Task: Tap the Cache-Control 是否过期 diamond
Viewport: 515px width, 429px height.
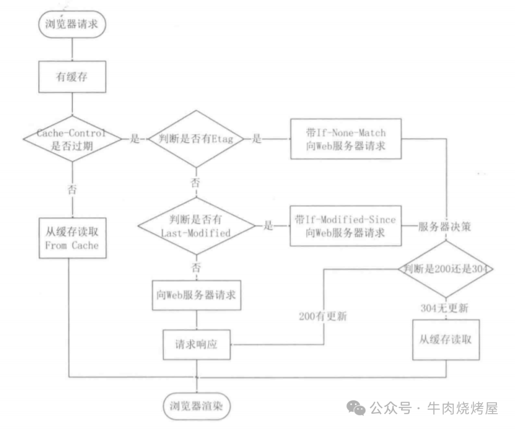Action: coord(71,139)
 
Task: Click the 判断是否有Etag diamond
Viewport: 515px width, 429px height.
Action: coord(196,139)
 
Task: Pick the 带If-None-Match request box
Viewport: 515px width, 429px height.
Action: coord(346,139)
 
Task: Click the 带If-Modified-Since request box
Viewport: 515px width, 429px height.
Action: coord(346,226)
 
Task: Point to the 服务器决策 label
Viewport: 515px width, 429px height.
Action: coord(444,227)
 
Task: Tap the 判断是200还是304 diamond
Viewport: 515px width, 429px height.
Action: coord(445,269)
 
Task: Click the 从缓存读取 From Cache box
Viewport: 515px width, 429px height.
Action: coord(72,239)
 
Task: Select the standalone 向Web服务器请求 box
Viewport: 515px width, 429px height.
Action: coord(196,294)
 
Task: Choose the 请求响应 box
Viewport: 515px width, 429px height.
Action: coord(196,344)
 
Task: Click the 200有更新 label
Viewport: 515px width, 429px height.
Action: coord(323,316)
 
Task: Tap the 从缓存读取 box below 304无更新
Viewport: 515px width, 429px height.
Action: coord(445,339)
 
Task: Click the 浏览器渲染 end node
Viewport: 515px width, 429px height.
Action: coord(196,406)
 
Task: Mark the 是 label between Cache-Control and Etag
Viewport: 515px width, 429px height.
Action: coord(134,139)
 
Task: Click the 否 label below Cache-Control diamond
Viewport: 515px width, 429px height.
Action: coord(72,188)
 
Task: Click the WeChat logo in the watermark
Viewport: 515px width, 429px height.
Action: coord(356,408)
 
